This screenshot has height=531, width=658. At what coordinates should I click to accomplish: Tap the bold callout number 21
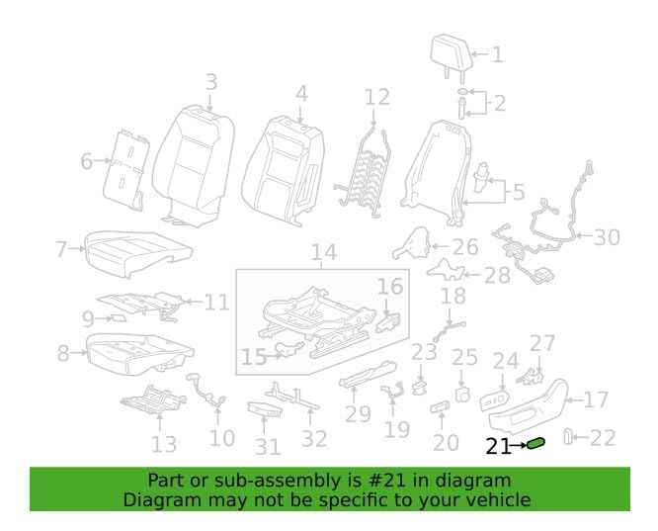(499, 446)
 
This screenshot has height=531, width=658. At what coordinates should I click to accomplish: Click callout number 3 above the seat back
(211, 81)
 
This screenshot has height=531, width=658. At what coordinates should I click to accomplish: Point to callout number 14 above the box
(324, 251)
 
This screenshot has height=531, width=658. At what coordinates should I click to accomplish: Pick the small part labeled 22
(568, 436)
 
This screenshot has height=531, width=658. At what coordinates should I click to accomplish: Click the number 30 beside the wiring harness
(607, 237)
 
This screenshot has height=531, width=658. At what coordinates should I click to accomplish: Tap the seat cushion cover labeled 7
(138, 253)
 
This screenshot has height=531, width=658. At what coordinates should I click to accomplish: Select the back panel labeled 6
(125, 169)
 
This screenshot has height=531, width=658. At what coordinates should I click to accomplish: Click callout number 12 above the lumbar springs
(376, 97)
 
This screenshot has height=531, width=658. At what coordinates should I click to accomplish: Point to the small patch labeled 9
(118, 317)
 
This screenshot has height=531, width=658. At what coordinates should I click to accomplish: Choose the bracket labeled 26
(411, 243)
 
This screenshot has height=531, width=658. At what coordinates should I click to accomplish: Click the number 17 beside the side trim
(596, 399)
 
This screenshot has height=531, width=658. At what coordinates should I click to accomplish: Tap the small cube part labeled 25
(461, 395)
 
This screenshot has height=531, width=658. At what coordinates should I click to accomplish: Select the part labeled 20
(441, 406)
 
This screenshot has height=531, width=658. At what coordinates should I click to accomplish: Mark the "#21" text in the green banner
(388, 481)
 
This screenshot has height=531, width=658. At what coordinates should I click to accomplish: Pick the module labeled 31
(265, 409)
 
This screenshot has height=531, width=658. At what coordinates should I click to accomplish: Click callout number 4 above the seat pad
(301, 94)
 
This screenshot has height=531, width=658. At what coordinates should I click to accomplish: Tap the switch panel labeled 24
(494, 400)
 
